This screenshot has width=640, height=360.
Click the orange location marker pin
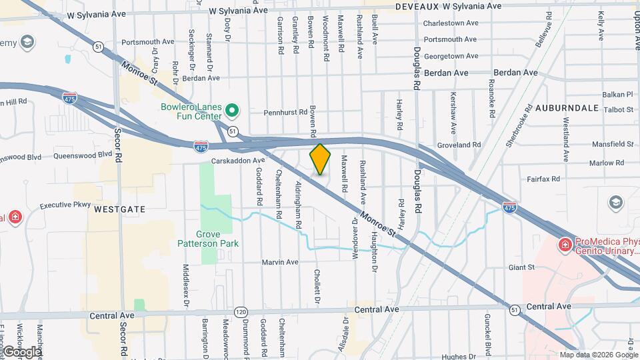tap(320, 159)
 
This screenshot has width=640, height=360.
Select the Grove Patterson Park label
tap(217, 239)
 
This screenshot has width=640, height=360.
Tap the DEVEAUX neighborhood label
tap(417, 6)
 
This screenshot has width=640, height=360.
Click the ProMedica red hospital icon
tap(565, 245)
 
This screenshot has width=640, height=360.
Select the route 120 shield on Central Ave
tap(241, 312)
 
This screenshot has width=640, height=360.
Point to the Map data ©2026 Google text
tap(598, 355)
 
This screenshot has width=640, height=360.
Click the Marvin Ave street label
tap(280, 262)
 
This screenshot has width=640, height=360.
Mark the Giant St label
tap(522, 268)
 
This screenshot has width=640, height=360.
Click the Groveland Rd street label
tap(459, 145)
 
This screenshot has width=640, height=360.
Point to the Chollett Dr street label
tap(318, 286)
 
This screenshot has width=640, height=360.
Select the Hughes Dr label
tap(457, 357)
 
